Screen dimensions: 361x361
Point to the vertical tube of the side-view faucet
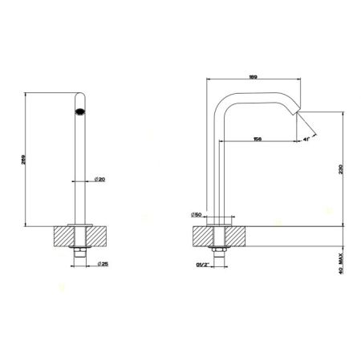click(217, 168)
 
